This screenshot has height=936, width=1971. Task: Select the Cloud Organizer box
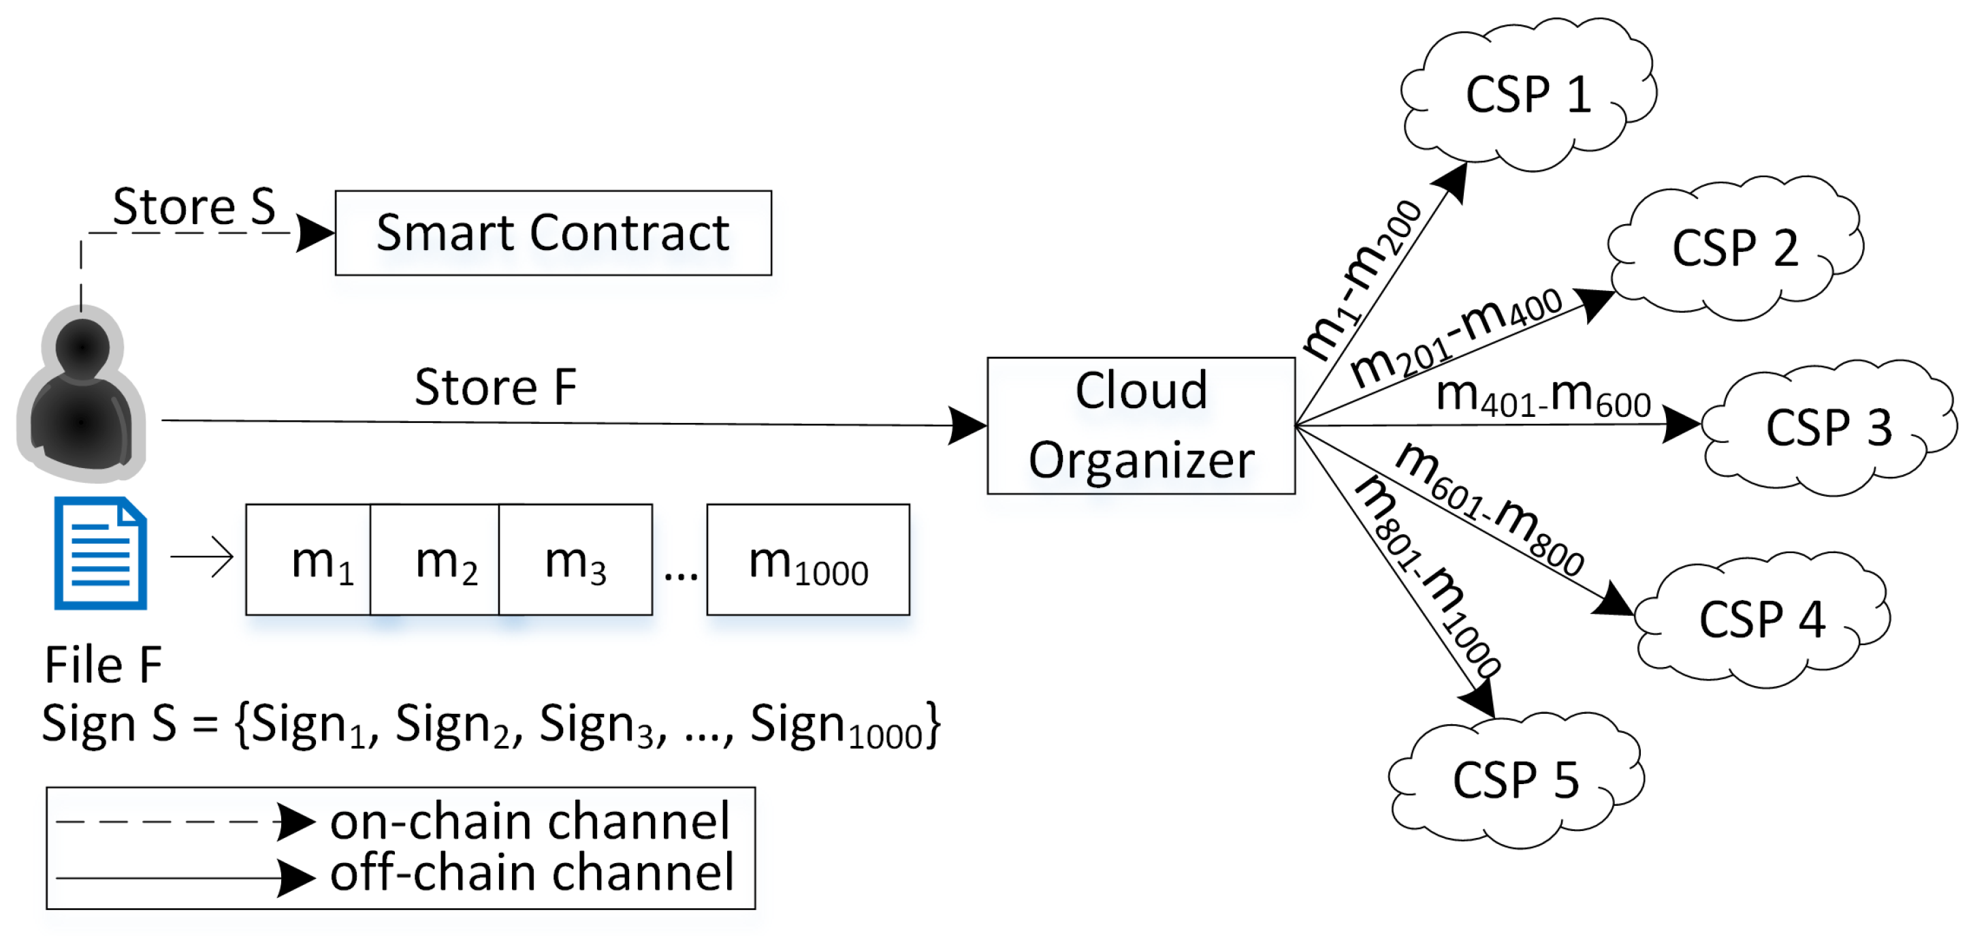pos(1140,426)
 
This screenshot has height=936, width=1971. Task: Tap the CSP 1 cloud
pos(1527,95)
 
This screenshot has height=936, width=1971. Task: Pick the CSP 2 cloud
pos(1734,248)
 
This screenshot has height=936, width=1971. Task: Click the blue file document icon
pos(100,552)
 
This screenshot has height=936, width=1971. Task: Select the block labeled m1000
pos(807,559)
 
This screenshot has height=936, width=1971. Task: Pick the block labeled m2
pos(434,559)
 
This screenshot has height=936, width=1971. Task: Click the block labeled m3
pos(575,559)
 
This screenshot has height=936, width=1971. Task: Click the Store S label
pos(193,206)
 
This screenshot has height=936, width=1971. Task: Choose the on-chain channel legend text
pos(530,821)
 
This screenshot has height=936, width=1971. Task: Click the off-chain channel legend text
pos(531,872)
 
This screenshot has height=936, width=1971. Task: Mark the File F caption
pos(103,664)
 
